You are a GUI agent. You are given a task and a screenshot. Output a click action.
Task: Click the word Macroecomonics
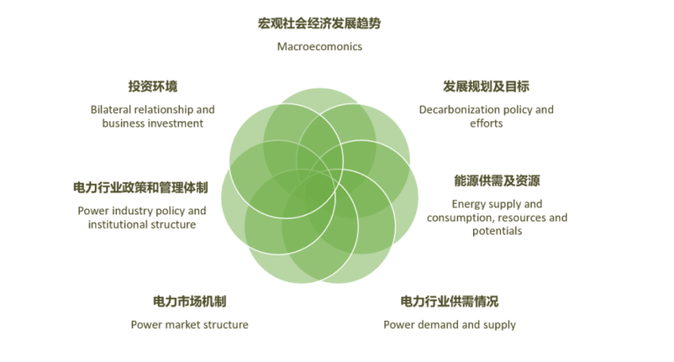(x=319, y=47)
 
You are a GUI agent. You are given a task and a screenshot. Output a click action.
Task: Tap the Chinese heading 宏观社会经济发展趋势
(x=319, y=23)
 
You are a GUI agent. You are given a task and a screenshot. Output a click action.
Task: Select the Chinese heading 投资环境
(x=153, y=86)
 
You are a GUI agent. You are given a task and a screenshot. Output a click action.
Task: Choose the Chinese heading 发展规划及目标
(x=486, y=86)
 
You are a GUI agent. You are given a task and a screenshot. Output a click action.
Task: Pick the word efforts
(x=486, y=124)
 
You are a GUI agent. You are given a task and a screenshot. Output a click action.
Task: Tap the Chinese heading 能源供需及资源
(x=497, y=181)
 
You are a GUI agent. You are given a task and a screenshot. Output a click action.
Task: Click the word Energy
(x=467, y=205)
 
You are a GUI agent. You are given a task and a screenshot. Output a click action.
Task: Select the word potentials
(x=497, y=232)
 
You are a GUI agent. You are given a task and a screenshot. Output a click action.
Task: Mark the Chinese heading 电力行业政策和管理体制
(x=140, y=188)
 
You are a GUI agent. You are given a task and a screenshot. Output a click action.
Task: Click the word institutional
(x=114, y=225)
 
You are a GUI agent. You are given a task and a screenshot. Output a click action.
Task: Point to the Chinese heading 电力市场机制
(x=190, y=301)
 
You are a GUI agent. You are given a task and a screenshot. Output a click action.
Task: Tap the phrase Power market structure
(x=190, y=324)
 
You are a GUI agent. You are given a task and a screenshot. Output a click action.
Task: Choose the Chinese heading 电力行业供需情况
(x=449, y=301)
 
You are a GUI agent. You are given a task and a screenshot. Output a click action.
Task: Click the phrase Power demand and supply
(x=449, y=325)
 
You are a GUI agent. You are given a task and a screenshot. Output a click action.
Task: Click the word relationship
(x=164, y=110)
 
